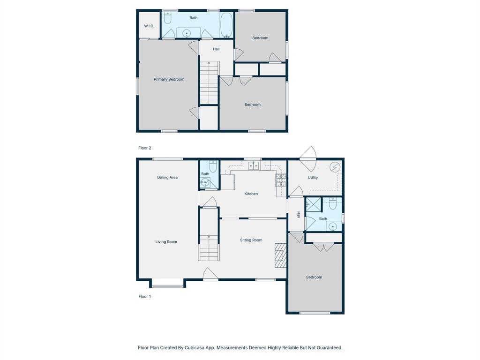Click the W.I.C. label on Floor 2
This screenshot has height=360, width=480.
[x=149, y=26]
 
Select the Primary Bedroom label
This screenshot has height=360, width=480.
[x=169, y=79]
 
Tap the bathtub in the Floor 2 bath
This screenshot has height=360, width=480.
[x=226, y=25]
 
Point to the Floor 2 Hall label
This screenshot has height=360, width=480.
[x=216, y=49]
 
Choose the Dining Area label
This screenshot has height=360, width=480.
[x=167, y=177]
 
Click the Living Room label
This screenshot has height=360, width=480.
[x=166, y=242]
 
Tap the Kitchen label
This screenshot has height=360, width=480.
[x=251, y=194]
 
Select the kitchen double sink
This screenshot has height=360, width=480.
[x=253, y=165]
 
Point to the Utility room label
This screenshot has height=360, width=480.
[x=313, y=178]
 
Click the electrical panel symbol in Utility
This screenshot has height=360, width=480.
[x=335, y=167]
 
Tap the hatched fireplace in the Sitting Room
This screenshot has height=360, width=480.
[x=280, y=255]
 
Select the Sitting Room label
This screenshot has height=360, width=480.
[x=251, y=240]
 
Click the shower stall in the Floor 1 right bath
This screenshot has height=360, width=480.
[x=313, y=204]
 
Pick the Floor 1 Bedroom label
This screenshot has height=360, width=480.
[x=314, y=277]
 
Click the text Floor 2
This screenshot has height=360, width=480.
[x=145, y=148]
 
